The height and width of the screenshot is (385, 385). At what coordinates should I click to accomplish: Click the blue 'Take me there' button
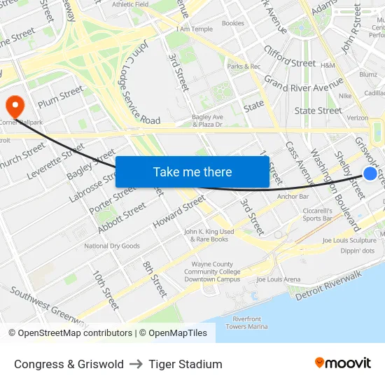point(192,171)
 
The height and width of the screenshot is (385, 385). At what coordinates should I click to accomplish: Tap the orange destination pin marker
point(14,106)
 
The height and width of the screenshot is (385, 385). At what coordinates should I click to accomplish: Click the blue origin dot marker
point(370,174)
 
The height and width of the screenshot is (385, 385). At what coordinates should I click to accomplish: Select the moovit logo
point(343,363)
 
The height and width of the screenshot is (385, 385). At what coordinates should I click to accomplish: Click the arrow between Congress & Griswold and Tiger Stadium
point(136,364)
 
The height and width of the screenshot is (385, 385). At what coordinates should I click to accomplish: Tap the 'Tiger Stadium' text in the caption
point(185,364)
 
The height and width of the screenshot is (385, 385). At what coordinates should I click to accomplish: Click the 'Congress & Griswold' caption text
point(69,364)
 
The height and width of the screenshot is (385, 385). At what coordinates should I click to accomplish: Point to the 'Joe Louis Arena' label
point(278,279)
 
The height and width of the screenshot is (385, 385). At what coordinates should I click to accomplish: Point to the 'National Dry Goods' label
point(112,246)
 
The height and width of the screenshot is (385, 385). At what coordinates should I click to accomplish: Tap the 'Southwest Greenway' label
point(49,309)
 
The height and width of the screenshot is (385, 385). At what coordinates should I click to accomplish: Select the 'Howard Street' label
point(179,211)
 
